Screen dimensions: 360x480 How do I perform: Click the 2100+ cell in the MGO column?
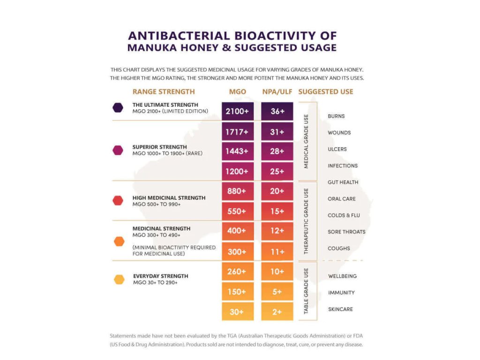238,112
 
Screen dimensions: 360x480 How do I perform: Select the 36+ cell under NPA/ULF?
277,112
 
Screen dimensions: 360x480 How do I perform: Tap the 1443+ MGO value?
238,151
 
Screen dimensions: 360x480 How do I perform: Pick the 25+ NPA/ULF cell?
277,172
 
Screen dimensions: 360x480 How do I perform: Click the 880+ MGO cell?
238,191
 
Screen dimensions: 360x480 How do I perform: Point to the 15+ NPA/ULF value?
277,211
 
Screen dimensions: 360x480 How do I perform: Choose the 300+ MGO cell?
238,252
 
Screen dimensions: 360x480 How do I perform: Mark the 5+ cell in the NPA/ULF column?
277,292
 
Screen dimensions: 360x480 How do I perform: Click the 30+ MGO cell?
238,311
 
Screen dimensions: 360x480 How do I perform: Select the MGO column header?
238,91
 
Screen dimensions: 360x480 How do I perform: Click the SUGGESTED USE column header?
326,91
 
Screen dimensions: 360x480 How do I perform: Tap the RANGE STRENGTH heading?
164,91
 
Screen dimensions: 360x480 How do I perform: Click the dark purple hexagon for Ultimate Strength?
118,107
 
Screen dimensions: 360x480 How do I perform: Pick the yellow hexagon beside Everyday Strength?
119,279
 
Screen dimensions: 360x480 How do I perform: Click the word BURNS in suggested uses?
336,116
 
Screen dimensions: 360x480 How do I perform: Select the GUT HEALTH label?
343,182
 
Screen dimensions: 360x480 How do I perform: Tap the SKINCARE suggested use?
340,309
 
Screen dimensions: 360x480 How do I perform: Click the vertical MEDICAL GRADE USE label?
307,142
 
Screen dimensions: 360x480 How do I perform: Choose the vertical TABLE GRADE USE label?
307,291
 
